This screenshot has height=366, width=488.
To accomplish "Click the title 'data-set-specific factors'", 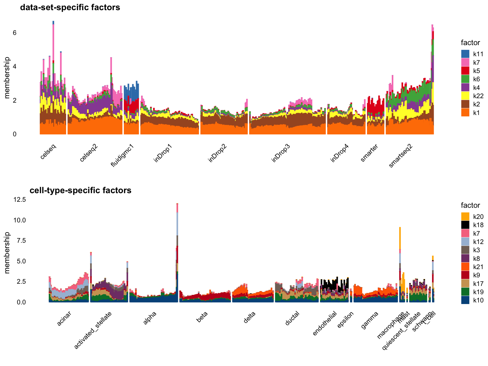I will coord(70,7).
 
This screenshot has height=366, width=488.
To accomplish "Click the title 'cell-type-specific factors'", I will coord(80,190).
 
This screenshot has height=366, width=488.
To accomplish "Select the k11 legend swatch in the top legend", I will coord(465,54).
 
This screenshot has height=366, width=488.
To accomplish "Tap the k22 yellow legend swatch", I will coord(465,96).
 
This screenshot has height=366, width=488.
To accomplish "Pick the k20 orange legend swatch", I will coord(465,217).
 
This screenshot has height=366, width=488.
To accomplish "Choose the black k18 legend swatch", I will coord(465,225).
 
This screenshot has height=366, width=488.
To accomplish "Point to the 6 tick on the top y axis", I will coord(15,33).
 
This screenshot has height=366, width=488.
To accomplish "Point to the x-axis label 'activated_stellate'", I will coord(93,330).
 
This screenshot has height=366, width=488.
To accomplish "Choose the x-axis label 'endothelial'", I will coord(325,323).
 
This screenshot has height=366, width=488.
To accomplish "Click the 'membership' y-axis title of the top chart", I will coord(7,78).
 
